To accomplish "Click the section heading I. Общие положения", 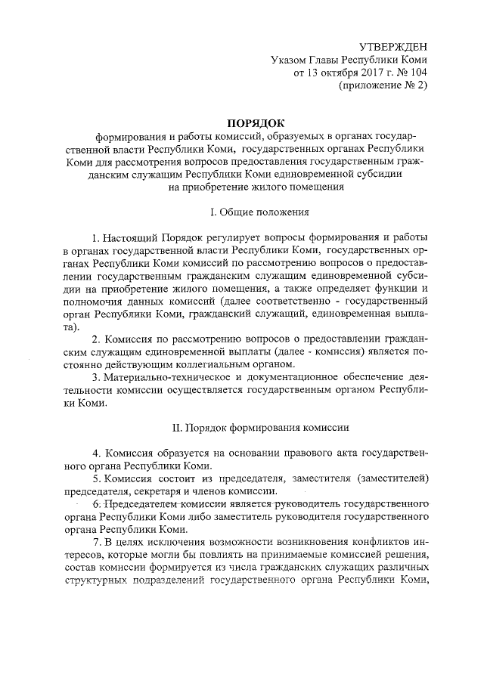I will pyautogui.click(x=254, y=213).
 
